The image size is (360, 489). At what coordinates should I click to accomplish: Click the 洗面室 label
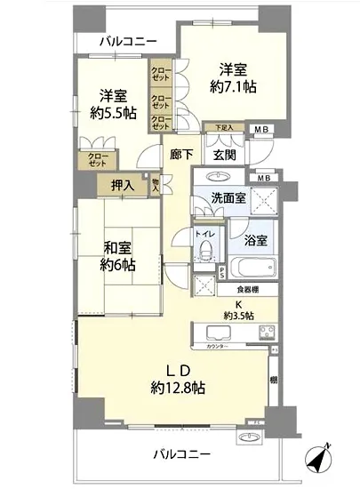pos(228,199)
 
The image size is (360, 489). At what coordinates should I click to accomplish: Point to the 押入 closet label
pos(123,186)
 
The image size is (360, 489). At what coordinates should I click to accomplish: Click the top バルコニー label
pos(128,41)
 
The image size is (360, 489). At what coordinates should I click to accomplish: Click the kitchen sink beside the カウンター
pos(219,332)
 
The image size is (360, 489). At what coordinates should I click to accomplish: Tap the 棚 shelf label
pos(273,381)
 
